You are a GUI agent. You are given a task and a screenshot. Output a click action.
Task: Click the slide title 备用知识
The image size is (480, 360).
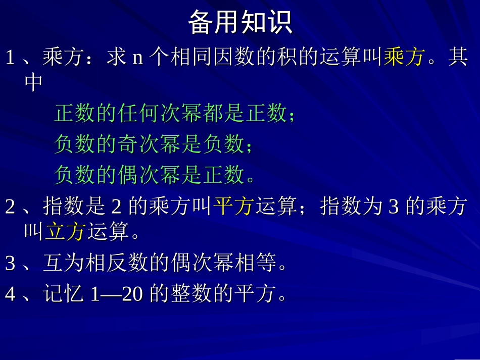[x=240, y=23]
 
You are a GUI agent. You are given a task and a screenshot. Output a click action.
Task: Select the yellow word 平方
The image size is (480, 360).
[x=233, y=207]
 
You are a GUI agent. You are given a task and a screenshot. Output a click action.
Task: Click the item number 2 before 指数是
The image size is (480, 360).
[x=10, y=207]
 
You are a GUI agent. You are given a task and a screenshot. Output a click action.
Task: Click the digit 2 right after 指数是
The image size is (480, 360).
[x=116, y=207]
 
